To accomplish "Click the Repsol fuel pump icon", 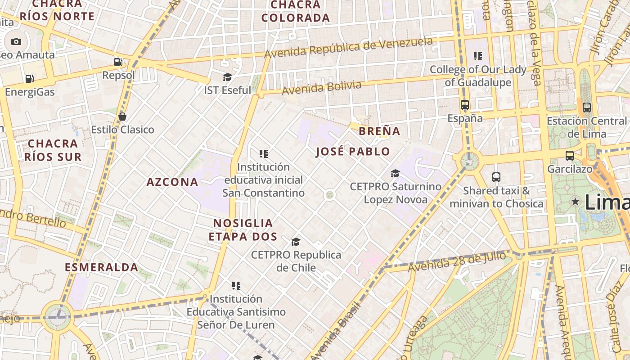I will click(x=118, y=62).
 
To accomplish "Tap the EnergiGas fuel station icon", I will click(x=30, y=79).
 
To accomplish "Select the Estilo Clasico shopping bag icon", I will click(x=122, y=117).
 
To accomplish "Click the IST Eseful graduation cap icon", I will click(x=227, y=77).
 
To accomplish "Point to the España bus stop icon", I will click(x=465, y=105).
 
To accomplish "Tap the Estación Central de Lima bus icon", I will click(x=586, y=108).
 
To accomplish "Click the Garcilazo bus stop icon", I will click(x=569, y=156).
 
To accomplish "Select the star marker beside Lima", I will click(x=575, y=202).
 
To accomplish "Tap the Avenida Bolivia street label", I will click(x=321, y=88).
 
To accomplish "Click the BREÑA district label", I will click(x=379, y=131).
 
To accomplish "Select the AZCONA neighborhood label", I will click(x=172, y=182).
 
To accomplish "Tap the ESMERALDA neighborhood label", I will click(x=102, y=267).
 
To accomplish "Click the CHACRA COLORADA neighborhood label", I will click(x=296, y=11).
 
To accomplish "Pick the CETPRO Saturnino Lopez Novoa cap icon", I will click(x=395, y=173).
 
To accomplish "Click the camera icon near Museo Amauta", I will click(x=16, y=41).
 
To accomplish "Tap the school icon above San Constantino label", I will click(x=264, y=154).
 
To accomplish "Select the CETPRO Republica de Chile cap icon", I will click(x=296, y=242).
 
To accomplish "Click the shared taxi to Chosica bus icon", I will click(x=496, y=177).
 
